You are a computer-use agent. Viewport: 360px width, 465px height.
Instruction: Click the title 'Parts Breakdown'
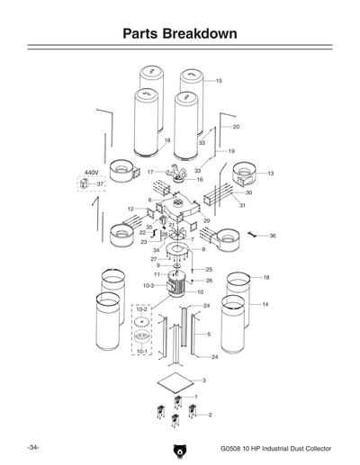tap(180, 34)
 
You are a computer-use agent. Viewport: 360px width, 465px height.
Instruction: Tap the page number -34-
tap(32, 446)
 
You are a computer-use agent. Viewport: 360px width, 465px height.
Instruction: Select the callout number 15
tap(219, 82)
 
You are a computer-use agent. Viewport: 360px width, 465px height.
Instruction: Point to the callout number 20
tap(236, 128)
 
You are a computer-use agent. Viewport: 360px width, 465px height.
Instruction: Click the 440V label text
tap(91, 172)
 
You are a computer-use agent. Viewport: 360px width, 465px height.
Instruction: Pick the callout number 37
tap(101, 183)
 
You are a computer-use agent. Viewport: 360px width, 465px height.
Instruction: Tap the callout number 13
tap(271, 173)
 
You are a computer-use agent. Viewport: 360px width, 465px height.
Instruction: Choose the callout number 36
tap(273, 236)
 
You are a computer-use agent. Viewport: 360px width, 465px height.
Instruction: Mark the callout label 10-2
tap(142, 309)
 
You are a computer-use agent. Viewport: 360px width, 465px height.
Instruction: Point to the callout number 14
tap(265, 305)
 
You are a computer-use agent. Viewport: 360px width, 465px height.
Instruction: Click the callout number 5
tap(209, 335)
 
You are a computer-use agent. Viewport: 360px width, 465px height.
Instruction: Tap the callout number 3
tap(203, 381)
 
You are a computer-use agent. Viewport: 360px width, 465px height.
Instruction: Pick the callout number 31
tap(242, 206)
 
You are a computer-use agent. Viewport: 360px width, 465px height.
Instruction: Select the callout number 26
tap(209, 281)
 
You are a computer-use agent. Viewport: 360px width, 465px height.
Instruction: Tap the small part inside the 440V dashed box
tap(88, 183)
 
